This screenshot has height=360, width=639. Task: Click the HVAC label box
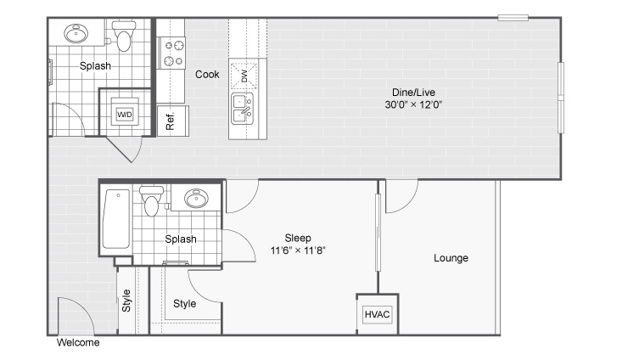coord(377,314)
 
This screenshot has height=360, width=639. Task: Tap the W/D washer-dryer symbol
coord(125,115)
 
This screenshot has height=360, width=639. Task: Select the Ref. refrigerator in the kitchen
coord(173,121)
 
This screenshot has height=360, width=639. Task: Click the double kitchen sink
coord(242,109)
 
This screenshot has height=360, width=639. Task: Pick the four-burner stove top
coord(173,53)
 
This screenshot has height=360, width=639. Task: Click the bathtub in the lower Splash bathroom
coord(116,219)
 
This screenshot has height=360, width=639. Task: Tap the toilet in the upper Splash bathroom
coord(124,36)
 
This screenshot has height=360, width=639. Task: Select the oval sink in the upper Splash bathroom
coord(76,33)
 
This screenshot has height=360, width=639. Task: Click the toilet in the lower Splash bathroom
coord(151,201)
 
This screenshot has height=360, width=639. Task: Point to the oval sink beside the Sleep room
coord(196,199)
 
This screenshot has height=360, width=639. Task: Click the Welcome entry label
coord(78,342)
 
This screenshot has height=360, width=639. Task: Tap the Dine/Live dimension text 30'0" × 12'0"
coord(413,104)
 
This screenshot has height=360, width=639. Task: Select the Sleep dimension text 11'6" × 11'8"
coord(298,250)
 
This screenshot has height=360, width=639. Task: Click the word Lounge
coord(451,258)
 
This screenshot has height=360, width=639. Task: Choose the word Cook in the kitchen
coord(207,75)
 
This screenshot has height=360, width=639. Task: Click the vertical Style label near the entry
coord(126,301)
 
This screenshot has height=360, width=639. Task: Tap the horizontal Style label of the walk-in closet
coord(185,304)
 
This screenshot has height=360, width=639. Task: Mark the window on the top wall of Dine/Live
coord(513,18)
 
